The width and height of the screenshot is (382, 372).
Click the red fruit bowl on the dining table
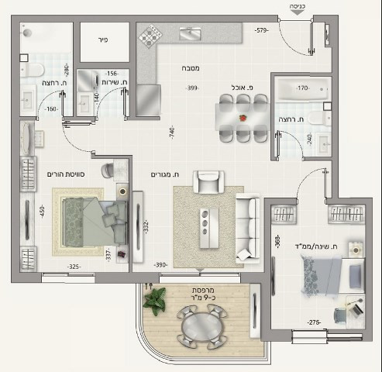click(x=243, y=119)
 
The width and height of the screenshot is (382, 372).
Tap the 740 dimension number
click(x=171, y=133)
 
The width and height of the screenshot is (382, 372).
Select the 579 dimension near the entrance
click(x=261, y=30)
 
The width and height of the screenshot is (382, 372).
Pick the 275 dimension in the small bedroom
click(x=315, y=322)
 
